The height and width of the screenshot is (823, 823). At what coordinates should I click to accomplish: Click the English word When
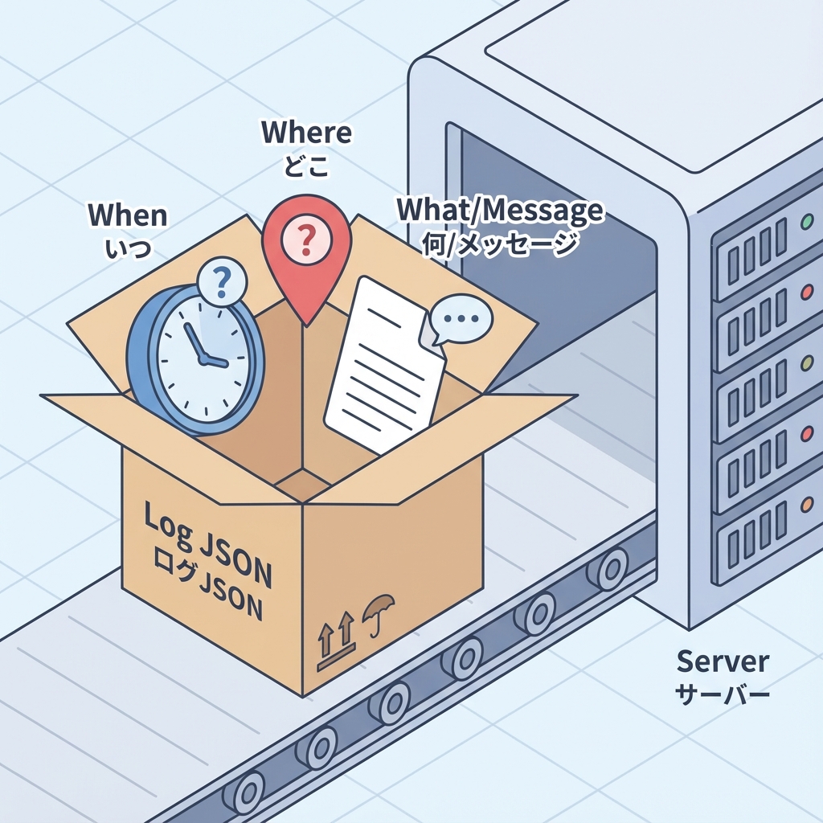[x=128, y=215]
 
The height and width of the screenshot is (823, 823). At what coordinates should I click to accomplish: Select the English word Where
[x=306, y=133]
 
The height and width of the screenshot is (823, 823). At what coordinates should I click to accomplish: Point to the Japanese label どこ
[x=306, y=166]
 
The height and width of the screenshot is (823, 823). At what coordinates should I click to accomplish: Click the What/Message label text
[x=500, y=210]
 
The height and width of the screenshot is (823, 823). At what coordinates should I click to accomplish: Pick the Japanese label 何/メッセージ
[x=500, y=242]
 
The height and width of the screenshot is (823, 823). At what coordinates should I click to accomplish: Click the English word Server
[x=723, y=661]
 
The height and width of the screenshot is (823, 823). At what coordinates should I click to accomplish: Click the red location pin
[x=306, y=241]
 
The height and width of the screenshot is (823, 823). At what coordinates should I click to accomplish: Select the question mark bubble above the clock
[x=223, y=281]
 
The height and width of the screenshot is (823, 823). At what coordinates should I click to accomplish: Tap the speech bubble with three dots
[x=459, y=319]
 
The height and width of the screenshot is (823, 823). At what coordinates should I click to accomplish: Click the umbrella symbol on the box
[x=374, y=612]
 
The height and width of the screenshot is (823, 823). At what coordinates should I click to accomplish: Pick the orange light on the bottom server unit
[x=806, y=506]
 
